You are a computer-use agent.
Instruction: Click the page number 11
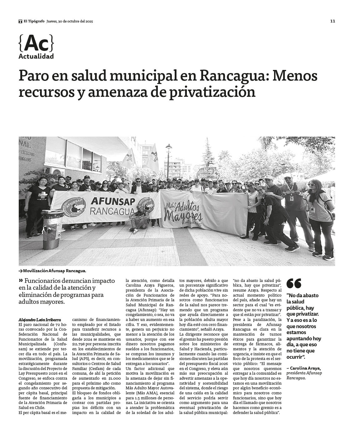[332, 21]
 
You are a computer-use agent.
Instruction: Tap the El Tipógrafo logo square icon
[20, 21]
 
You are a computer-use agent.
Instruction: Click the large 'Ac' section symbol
[36, 44]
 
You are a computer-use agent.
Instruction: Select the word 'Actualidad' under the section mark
[36, 57]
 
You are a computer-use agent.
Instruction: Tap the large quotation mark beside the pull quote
[294, 283]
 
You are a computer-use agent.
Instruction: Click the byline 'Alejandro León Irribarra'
[40, 320]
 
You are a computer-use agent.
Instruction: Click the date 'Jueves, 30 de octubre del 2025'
[70, 21]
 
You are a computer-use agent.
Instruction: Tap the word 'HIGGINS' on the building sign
[27, 159]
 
